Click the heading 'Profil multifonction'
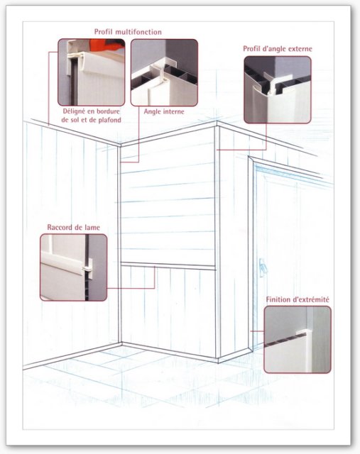(x=128, y=32)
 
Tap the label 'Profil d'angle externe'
(x=278, y=49)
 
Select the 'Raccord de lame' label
(x=73, y=227)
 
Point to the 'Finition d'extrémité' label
(x=298, y=299)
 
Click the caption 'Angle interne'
(x=164, y=111)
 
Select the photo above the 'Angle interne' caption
(x=164, y=72)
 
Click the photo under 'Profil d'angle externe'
(x=278, y=90)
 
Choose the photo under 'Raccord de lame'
(x=74, y=267)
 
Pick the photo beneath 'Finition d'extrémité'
(x=298, y=339)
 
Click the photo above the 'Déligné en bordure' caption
(x=92, y=72)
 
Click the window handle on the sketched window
(x=262, y=267)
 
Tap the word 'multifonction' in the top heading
(x=138, y=32)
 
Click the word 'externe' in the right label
(x=300, y=49)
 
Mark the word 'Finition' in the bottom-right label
(x=278, y=299)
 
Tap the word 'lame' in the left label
(x=92, y=227)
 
